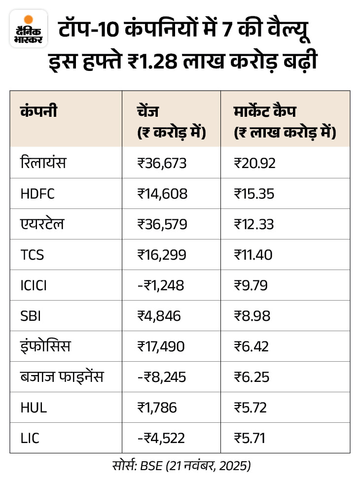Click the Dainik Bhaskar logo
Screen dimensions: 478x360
point(29,29)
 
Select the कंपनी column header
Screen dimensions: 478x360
point(38,111)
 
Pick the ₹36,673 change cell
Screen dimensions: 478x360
point(162,163)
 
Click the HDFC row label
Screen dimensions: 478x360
point(37,194)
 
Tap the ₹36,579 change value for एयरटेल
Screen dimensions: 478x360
point(162,224)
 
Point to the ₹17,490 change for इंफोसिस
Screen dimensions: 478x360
point(161,346)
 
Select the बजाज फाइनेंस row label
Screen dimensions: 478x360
point(62,377)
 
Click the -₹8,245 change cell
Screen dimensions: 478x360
point(161,377)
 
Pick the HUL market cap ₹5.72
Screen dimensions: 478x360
point(251,408)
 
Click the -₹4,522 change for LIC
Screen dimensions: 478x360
point(161,438)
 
